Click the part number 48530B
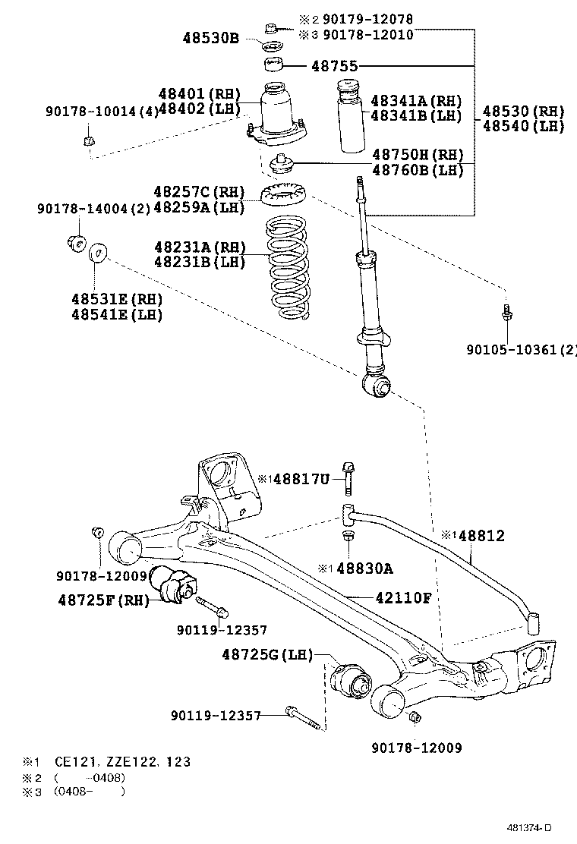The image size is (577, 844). click(210, 36)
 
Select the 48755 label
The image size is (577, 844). click(334, 66)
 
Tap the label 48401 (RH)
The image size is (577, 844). click(199, 94)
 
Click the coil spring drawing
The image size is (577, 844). click(282, 269)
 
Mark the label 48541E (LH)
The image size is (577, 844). click(117, 315)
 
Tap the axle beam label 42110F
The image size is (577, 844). click(403, 597)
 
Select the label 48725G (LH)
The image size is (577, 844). click(267, 654)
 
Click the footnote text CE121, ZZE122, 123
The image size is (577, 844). click(122, 761)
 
